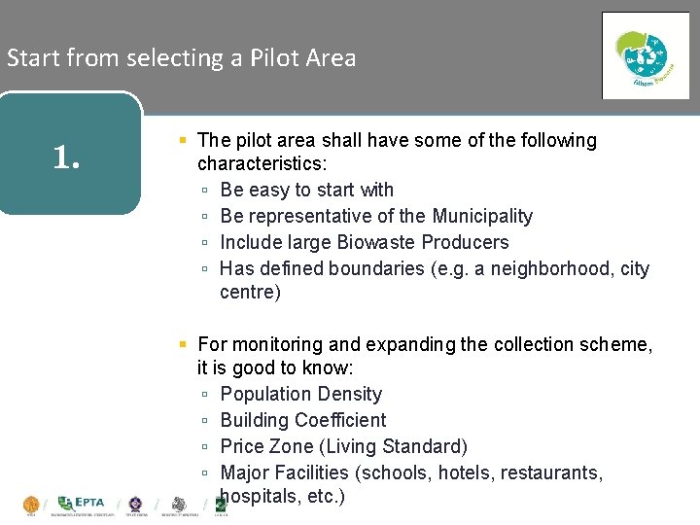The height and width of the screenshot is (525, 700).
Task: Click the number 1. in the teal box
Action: tap(66, 156)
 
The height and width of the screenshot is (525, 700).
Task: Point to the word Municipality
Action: tap(482, 216)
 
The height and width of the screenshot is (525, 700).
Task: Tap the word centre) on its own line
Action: tap(250, 293)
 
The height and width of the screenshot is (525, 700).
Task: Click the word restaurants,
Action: tap(546, 472)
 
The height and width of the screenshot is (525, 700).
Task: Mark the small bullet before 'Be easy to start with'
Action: tap(205, 191)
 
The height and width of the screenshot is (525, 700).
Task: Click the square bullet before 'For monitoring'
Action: tap(183, 344)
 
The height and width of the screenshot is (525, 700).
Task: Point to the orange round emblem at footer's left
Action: tap(31, 504)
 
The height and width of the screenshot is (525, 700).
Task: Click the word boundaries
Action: tap(378, 268)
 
